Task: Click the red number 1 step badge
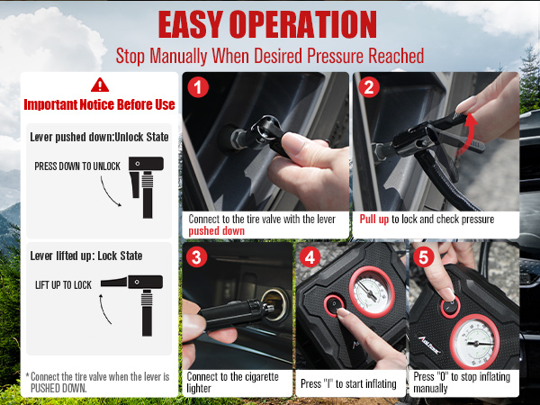[x=200, y=88]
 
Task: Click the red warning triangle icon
[x=98, y=84]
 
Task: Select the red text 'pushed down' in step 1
[x=212, y=230]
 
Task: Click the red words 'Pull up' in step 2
[x=376, y=219]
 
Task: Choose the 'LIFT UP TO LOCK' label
[x=65, y=283]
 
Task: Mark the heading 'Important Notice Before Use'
[x=98, y=104]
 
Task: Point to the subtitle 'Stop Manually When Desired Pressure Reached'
[x=270, y=55]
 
